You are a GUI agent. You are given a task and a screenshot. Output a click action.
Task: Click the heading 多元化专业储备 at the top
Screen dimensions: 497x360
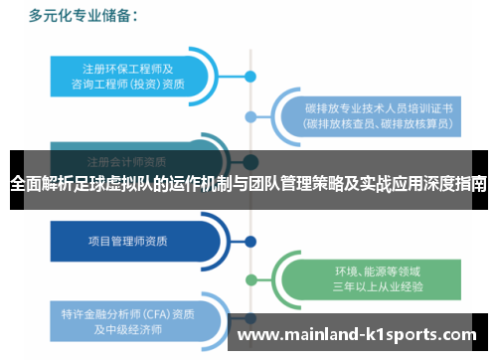click(x=83, y=16)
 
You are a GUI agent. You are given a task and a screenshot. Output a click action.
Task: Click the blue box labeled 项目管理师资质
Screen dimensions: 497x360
click(x=129, y=240)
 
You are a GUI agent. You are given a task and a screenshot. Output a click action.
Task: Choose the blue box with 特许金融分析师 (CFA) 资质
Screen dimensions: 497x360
click(x=129, y=319)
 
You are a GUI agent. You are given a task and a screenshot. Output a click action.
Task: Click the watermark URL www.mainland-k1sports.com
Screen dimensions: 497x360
click(x=357, y=335)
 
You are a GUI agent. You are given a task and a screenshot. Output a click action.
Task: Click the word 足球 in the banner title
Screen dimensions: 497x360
click(x=93, y=184)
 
